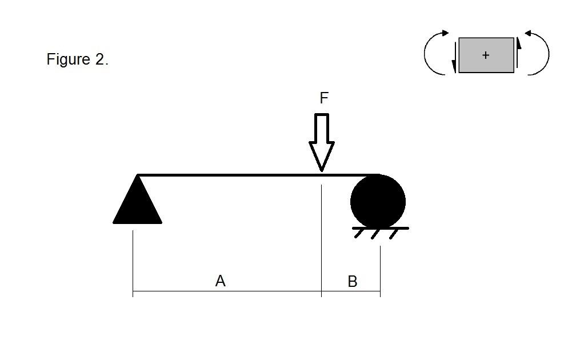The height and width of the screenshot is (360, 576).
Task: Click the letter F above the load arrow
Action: (324, 98)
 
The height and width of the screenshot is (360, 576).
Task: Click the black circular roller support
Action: (378, 202)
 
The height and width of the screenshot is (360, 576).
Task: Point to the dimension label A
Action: (221, 281)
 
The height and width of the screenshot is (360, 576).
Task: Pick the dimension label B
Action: (352, 281)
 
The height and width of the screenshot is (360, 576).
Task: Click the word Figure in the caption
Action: (68, 59)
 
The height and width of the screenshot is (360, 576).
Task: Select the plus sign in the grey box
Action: (486, 55)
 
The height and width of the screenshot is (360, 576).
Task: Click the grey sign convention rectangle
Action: (497, 63)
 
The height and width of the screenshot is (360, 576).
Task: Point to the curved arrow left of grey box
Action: (434, 53)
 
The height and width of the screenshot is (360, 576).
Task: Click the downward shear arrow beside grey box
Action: (454, 57)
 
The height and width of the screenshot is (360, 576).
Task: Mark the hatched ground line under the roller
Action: (381, 229)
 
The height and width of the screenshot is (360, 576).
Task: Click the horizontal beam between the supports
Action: (229, 175)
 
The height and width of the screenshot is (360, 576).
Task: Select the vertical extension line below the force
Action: (322, 240)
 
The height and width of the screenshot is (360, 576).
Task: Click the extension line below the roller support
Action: (380, 269)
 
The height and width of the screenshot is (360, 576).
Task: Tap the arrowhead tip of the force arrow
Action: (322, 169)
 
